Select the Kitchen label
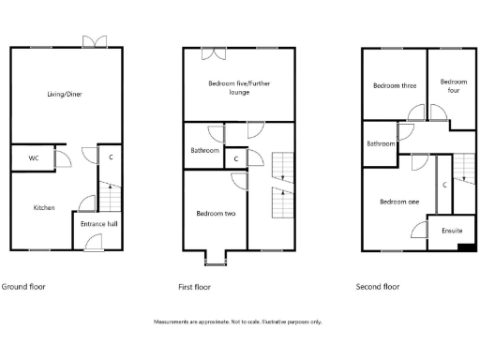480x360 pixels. (44, 207)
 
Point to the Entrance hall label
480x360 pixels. (97, 225)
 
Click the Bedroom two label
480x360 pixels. (215, 214)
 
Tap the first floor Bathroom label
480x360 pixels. (204, 151)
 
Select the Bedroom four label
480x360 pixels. (452, 85)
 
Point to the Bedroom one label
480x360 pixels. (398, 201)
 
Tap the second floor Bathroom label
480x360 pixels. (381, 143)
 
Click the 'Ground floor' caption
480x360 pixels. (23, 286)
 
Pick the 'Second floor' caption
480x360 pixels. (378, 286)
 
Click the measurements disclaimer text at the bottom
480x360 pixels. (238, 322)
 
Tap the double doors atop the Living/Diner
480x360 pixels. (95, 41)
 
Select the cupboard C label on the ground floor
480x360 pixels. (112, 157)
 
